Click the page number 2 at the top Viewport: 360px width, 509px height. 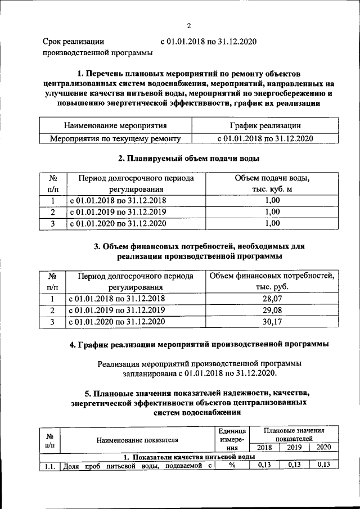click(189, 25)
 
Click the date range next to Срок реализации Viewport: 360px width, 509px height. click(209, 41)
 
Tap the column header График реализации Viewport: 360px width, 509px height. click(264, 125)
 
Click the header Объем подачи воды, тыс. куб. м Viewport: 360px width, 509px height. click(272, 184)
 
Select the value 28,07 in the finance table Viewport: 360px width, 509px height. click(272, 299)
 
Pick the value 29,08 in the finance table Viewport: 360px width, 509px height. click(272, 310)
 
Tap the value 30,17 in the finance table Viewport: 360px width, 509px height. click(272, 322)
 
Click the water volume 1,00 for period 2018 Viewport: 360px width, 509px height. click(272, 201)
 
